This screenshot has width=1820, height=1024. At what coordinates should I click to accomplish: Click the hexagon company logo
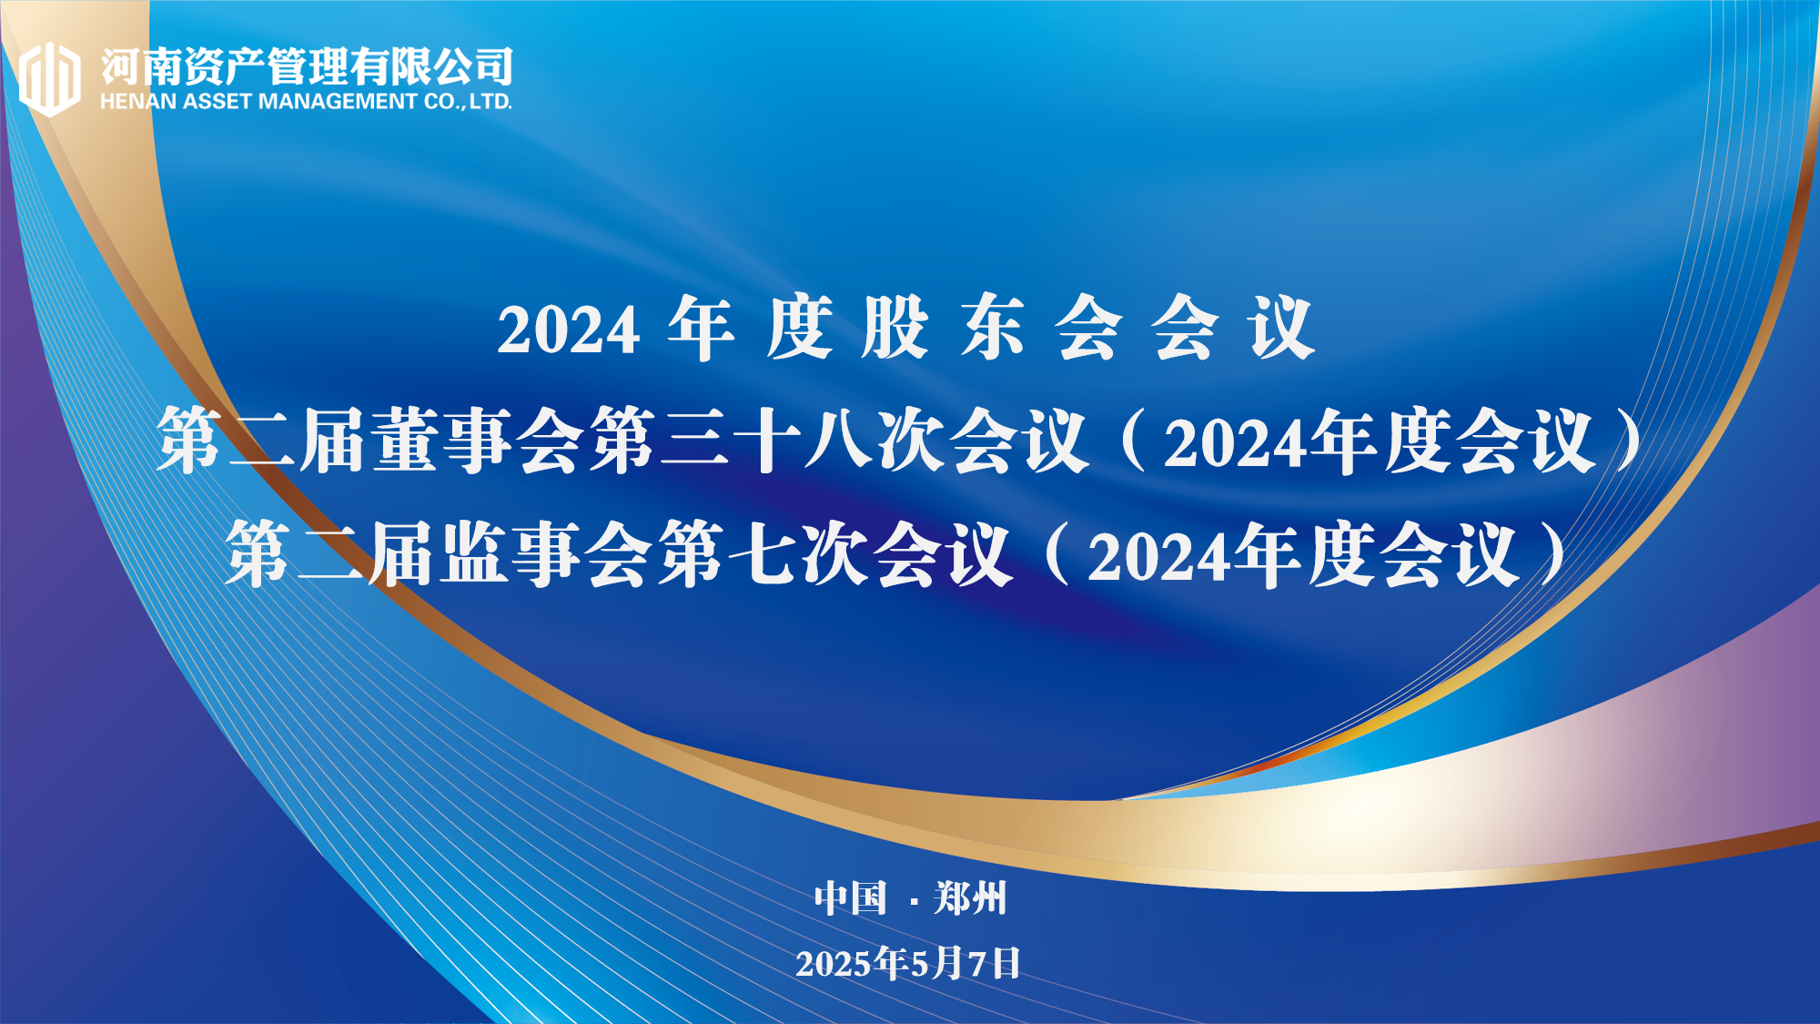50,79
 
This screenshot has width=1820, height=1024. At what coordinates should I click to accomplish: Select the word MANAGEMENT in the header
338,102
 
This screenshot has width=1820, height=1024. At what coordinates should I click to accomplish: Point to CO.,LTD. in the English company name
468,102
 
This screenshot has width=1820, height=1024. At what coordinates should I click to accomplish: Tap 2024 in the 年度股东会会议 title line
569,329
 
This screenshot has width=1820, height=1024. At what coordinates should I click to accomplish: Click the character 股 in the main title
895,327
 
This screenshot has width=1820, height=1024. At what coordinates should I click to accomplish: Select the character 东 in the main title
991,327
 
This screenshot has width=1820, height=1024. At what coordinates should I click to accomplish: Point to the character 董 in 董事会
408,440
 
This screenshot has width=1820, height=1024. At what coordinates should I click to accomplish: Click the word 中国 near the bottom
850,897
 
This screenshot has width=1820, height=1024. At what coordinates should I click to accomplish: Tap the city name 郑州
970,897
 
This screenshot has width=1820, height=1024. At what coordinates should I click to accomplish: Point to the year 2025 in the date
834,964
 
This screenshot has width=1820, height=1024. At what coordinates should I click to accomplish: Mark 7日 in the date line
995,963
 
